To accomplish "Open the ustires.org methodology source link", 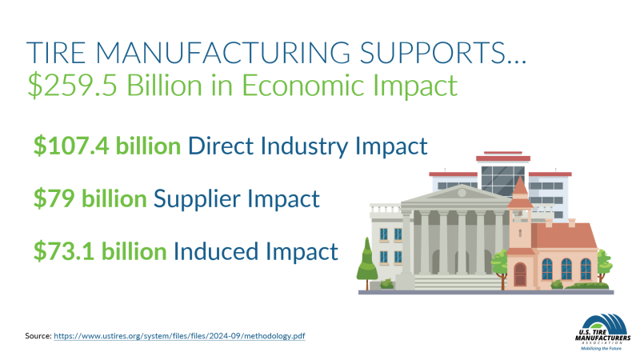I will click(179, 337).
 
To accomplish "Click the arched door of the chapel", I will click(520, 274).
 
